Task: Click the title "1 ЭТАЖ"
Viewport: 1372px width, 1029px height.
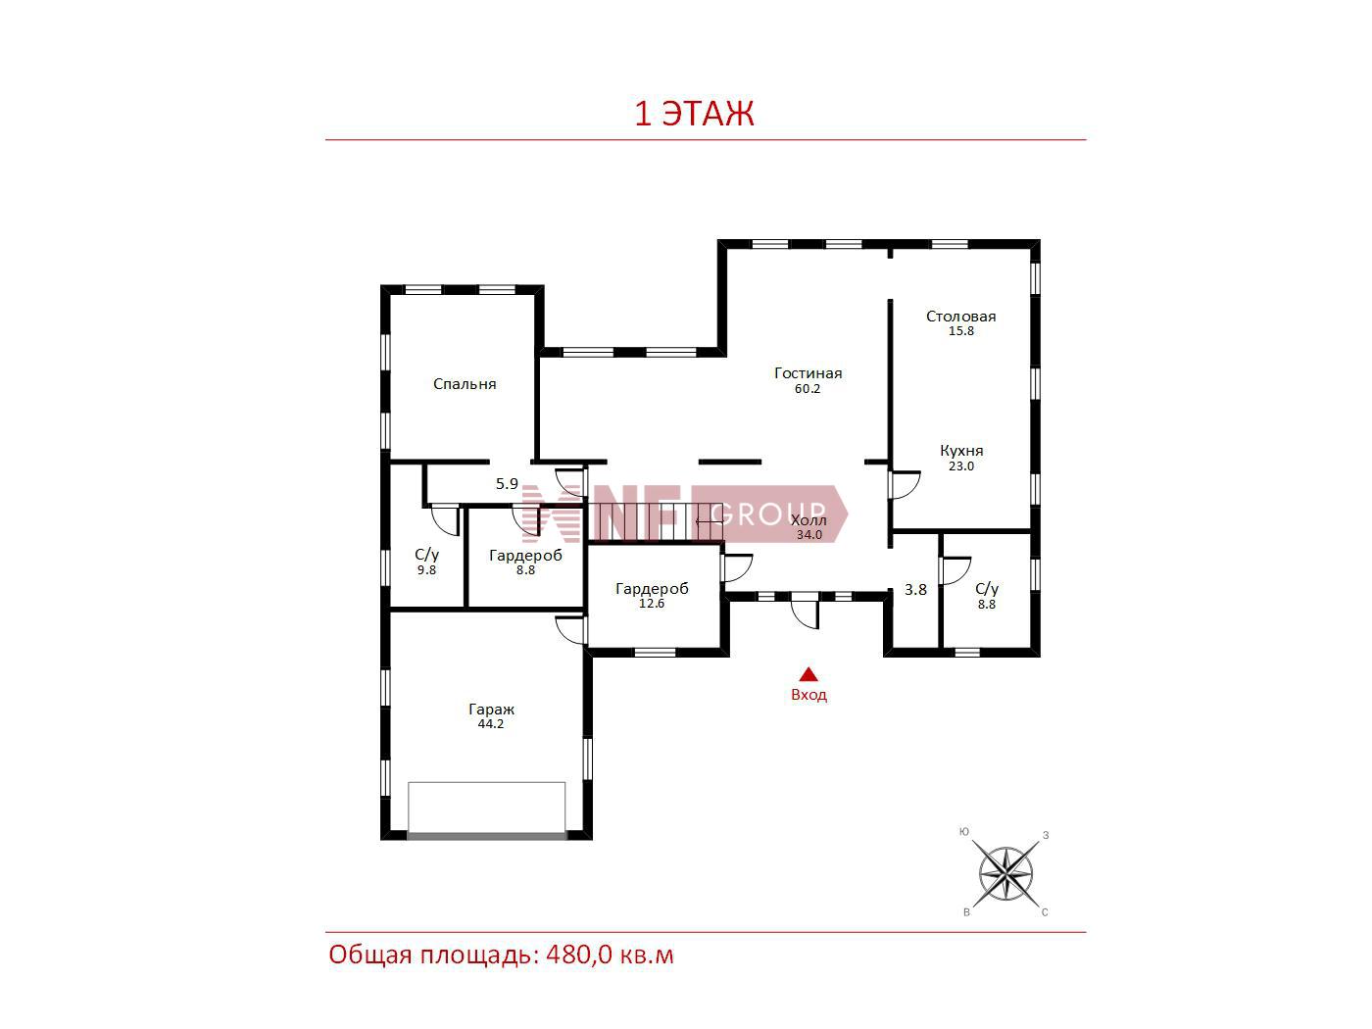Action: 694,114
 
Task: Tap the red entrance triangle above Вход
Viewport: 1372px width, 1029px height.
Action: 808,673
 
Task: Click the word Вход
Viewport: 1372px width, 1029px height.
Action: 808,695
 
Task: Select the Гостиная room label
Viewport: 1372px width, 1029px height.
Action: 808,373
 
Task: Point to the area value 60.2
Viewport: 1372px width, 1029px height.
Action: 807,389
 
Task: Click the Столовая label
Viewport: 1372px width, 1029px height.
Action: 960,317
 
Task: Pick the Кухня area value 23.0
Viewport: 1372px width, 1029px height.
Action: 960,466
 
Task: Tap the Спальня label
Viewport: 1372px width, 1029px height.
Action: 465,384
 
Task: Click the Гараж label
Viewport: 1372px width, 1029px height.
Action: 491,710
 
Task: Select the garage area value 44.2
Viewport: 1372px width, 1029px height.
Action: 491,724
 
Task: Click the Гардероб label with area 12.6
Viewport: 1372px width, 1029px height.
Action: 652,589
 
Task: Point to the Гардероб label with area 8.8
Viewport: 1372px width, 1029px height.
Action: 525,556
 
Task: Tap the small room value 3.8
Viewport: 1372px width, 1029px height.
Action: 915,590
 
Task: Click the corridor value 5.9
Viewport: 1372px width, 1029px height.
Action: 507,483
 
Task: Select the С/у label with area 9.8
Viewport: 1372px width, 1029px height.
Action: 427,554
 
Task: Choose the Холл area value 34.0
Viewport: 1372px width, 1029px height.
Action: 809,535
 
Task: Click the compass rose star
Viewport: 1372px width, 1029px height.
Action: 1005,873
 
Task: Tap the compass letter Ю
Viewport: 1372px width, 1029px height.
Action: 964,832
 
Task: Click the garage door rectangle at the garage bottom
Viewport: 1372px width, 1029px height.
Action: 486,810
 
